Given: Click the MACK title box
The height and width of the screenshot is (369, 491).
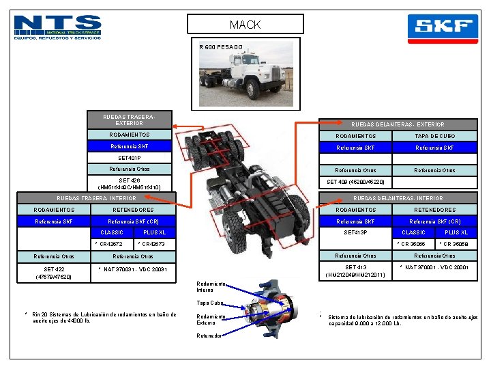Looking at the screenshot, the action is tap(245, 25).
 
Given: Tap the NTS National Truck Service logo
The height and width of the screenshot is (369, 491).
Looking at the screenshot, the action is tap(58, 27).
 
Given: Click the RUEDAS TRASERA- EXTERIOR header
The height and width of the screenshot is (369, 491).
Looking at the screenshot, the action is tap(129, 120).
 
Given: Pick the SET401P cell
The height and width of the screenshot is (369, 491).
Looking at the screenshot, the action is tap(129, 158).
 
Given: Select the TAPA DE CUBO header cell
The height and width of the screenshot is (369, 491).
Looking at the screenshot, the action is tap(435, 136).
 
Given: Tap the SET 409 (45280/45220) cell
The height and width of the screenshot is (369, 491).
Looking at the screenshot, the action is tap(355, 182).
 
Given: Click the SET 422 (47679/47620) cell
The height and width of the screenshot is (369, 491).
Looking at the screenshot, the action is tap(54, 272).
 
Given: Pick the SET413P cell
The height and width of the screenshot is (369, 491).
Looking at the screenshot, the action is tap(355, 232).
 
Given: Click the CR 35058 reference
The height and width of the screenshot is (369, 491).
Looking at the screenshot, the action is tap(454, 244).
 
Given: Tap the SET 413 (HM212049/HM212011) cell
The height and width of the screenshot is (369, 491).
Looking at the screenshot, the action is tap(355, 271).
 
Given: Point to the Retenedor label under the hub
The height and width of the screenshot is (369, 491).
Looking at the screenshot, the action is tap(209, 336).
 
